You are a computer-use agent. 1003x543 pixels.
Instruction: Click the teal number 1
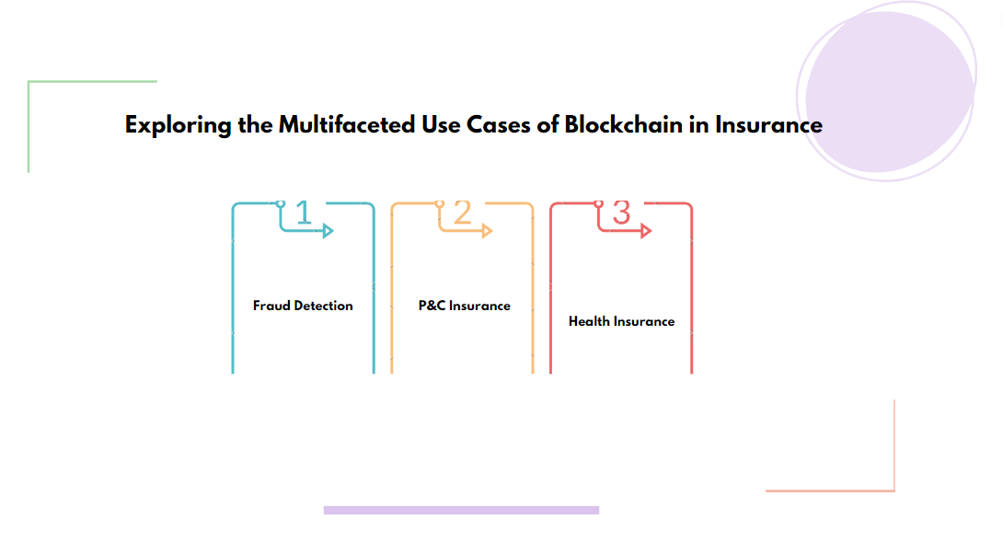tap(304, 213)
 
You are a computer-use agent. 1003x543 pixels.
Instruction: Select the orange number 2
tap(462, 213)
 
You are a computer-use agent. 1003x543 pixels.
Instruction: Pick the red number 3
tap(621, 213)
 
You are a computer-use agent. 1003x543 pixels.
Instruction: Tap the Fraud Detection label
tap(303, 306)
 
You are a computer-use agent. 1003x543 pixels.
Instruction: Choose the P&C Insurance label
tap(464, 306)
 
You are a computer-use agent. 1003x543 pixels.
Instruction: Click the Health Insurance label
tap(621, 321)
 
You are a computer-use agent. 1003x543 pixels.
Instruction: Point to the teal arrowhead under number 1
tap(328, 231)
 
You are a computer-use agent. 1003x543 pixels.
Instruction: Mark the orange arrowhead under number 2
tap(487, 231)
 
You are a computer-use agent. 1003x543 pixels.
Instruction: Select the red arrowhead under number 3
tap(646, 231)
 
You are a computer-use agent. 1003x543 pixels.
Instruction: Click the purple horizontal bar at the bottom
tap(461, 510)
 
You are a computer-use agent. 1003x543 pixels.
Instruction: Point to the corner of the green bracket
tap(29, 83)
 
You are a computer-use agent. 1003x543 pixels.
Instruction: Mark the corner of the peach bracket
tap(893, 490)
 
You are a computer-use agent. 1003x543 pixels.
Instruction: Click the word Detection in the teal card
tap(324, 306)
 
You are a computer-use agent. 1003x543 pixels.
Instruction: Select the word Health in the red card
tap(588, 321)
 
